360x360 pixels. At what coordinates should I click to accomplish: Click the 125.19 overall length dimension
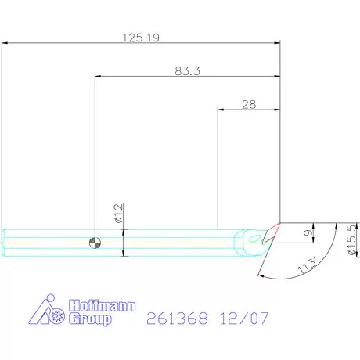(x=141, y=38)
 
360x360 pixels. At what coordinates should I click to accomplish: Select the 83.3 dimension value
(x=187, y=71)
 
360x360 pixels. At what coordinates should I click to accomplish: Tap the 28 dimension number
(x=249, y=105)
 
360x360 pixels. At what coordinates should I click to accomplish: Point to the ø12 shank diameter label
(x=118, y=214)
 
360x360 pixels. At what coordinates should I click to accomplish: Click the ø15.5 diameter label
(x=352, y=239)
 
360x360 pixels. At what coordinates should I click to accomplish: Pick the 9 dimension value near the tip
(x=308, y=232)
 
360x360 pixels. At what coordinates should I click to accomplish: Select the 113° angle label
(x=308, y=265)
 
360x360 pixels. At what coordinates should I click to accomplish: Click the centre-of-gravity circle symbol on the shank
(x=95, y=243)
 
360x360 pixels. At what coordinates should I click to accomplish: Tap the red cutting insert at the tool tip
(x=271, y=233)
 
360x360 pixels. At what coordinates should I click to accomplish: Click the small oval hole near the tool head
(x=254, y=239)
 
